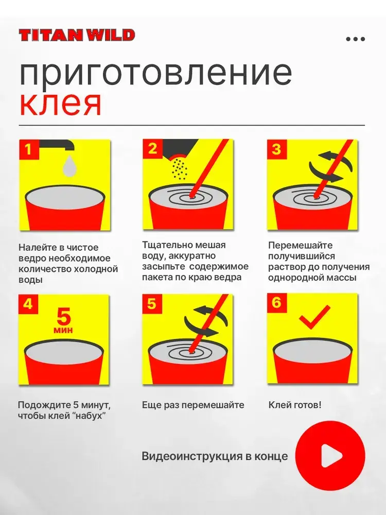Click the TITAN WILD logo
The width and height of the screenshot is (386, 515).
point(77,35)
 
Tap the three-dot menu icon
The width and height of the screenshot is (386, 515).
point(356,39)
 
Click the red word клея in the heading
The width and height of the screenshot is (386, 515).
point(60,105)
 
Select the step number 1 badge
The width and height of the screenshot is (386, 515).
point(28,149)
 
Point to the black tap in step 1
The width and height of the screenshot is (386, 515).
point(57,145)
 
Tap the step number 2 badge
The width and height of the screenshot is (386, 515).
point(152,149)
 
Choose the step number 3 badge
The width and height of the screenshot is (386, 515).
point(276,149)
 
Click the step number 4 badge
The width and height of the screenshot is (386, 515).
point(28,304)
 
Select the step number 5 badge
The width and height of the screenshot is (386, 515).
point(152,304)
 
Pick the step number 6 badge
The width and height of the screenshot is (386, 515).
point(276,302)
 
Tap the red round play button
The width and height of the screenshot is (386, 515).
point(330,456)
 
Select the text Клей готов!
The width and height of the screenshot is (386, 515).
point(295,405)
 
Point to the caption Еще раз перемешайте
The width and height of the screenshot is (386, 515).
point(193,405)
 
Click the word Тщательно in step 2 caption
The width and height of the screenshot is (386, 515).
point(165,245)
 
